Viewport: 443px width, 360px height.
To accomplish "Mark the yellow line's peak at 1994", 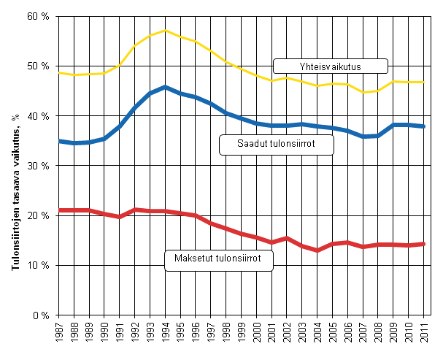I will tap(166, 31).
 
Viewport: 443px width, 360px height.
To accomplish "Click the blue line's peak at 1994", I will tap(166, 87).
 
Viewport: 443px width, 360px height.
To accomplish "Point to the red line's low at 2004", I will tap(318, 250).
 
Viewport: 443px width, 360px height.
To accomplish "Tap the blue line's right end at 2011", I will tap(425, 126).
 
